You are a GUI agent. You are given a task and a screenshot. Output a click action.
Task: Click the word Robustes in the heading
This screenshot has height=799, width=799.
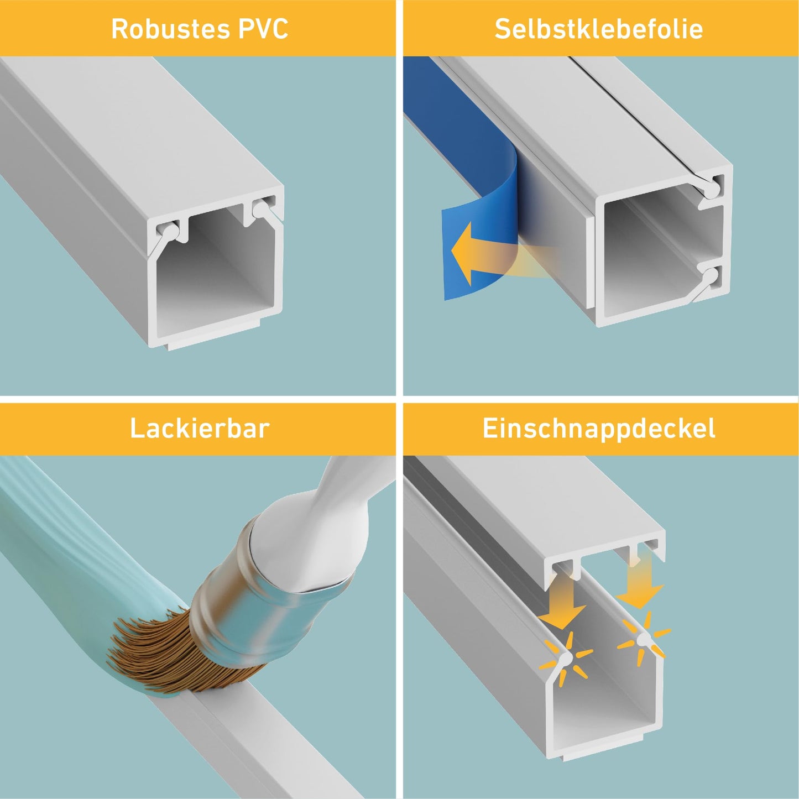[x=170, y=29]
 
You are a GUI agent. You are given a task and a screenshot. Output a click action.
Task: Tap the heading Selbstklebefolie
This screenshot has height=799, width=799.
[x=599, y=29]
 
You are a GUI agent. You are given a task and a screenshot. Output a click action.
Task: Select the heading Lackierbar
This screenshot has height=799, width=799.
[x=200, y=428]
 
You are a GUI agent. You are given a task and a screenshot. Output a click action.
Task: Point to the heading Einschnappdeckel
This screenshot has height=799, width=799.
[x=599, y=429]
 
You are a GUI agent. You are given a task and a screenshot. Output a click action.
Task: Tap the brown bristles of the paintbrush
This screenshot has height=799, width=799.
[x=166, y=647]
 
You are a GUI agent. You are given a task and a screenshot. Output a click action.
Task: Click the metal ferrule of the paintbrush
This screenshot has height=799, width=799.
[x=265, y=581]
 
